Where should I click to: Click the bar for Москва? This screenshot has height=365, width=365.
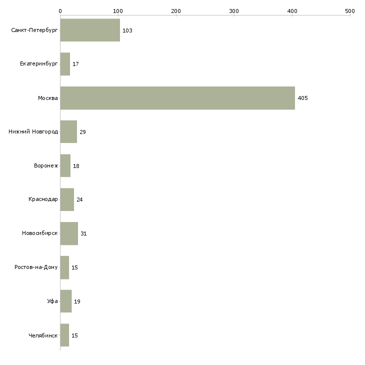click(x=177, y=98)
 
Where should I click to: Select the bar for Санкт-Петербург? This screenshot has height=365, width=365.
click(x=90, y=30)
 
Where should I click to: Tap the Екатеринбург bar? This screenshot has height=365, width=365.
click(x=65, y=64)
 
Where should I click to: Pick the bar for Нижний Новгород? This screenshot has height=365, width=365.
click(x=68, y=132)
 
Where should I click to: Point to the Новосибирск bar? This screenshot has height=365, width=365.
click(x=69, y=233)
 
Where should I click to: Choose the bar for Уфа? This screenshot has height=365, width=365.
click(x=66, y=301)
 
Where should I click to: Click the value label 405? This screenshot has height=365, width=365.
click(x=302, y=98)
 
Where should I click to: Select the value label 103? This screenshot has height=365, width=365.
click(x=127, y=30)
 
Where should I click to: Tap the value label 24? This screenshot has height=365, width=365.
click(x=79, y=199)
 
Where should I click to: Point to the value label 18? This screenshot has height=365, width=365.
click(x=76, y=166)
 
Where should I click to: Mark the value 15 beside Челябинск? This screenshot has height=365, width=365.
click(x=74, y=335)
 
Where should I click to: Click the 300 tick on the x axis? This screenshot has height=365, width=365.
click(x=234, y=11)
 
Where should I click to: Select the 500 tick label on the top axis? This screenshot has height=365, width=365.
click(x=350, y=11)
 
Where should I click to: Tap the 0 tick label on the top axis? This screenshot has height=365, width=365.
click(x=60, y=11)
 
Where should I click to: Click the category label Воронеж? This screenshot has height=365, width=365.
click(x=46, y=165)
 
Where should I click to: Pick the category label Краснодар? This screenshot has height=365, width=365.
click(x=43, y=199)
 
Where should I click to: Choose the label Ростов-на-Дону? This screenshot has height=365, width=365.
click(x=36, y=267)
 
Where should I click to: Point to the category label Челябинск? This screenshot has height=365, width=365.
click(x=43, y=335)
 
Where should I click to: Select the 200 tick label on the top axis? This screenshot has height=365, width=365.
click(x=175, y=11)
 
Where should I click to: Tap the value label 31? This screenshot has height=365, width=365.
click(x=83, y=233)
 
